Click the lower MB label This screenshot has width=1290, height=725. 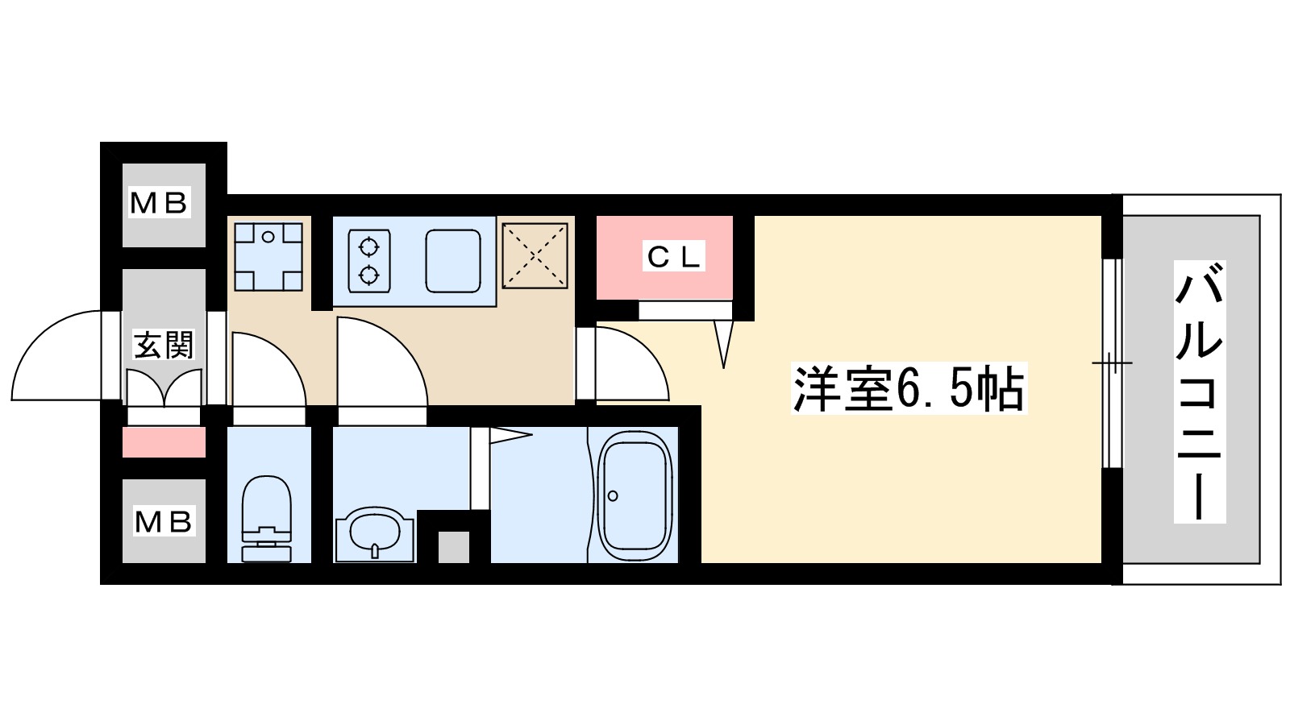click(x=163, y=522)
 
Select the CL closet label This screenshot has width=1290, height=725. click(x=674, y=257)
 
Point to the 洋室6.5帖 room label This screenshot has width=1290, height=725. click(x=908, y=390)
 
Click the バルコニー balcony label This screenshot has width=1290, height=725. click(x=1200, y=391)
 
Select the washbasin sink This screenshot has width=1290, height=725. click(x=373, y=533)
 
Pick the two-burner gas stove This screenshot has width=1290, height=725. click(x=369, y=260)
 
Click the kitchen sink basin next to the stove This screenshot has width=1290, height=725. click(x=453, y=261)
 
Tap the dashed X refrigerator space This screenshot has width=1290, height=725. click(x=535, y=255)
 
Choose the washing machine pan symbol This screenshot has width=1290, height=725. click(x=268, y=256)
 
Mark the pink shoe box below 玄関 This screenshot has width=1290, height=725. click(x=164, y=442)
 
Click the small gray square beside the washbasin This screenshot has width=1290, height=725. click(x=453, y=548)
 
